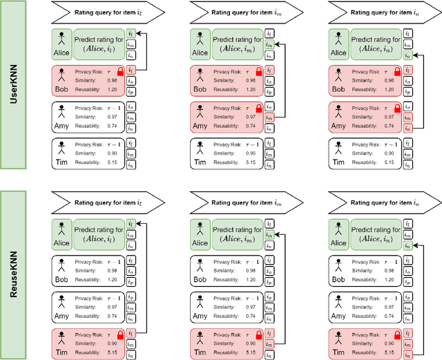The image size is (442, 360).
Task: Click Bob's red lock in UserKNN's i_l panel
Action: pyautogui.click(x=120, y=71)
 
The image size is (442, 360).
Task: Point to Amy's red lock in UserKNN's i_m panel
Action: pyautogui.click(x=258, y=108)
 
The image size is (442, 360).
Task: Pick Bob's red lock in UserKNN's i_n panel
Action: pyautogui.click(x=396, y=71)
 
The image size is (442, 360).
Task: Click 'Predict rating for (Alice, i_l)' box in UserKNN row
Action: pyautogui.click(x=99, y=42)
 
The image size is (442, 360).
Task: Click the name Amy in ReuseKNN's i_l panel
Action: pyautogui.click(x=61, y=315)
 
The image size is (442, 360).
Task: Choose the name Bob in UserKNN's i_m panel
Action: pyautogui.click(x=200, y=90)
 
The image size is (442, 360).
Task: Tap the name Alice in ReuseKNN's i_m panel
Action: pyautogui.click(x=200, y=243)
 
